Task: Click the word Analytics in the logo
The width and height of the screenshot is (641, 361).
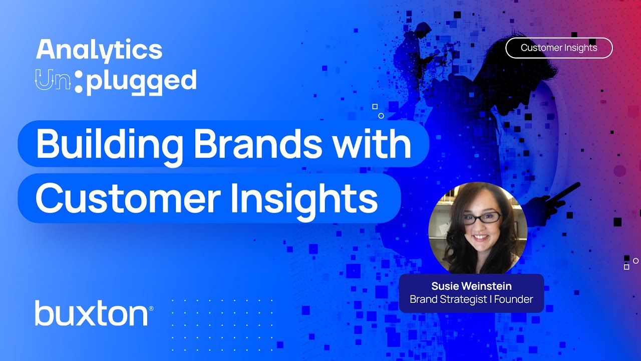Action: point(99,51)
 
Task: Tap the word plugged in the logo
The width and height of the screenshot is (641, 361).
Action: point(141,82)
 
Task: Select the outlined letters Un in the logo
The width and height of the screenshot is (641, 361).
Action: point(53,80)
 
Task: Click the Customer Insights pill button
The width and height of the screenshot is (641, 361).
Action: point(559,48)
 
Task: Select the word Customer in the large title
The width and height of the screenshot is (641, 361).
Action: point(128,198)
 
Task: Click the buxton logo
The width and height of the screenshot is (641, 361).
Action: point(92,313)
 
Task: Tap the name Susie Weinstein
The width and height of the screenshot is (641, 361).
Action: point(471,286)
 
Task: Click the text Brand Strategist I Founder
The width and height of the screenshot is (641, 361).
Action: point(471,299)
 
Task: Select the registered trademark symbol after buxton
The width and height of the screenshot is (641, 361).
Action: point(151,309)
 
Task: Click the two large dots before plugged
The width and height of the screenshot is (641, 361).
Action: point(79,82)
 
